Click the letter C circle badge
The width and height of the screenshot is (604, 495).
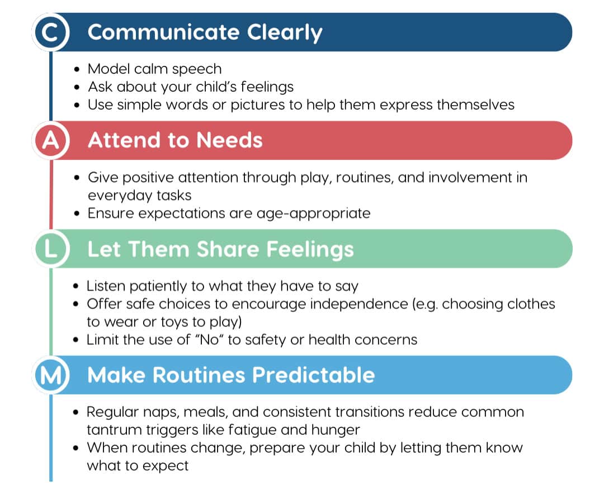click(50, 32)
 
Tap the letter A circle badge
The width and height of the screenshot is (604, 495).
click(50, 140)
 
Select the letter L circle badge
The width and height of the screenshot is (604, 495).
click(50, 249)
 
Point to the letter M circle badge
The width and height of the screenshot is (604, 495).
click(50, 375)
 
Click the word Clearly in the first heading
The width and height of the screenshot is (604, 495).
click(284, 33)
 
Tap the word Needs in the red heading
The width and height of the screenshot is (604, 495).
click(230, 140)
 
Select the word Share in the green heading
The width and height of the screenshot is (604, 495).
click(228, 249)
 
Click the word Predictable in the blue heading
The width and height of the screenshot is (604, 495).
click(314, 375)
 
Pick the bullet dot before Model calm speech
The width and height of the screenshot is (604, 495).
click(77, 70)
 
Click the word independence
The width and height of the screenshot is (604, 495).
click(359, 304)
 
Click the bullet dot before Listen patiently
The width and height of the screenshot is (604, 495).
click(76, 287)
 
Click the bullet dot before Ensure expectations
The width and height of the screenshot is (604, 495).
click(77, 213)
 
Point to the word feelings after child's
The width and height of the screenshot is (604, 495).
click(267, 87)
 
